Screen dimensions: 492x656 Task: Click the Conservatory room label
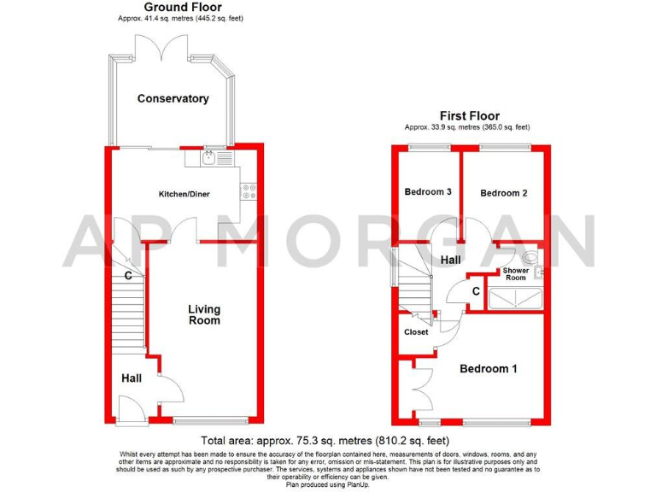click(173, 98)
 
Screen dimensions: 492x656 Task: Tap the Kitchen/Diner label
click(184, 195)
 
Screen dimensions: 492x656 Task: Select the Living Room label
click(204, 314)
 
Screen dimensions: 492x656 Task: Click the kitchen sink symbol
click(209, 158)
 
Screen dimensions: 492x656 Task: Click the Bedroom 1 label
click(488, 369)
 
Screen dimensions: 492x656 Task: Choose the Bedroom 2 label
click(503, 193)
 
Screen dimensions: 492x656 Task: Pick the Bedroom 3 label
click(427, 192)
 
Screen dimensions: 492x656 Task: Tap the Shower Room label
click(514, 273)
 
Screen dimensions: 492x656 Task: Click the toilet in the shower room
click(531, 255)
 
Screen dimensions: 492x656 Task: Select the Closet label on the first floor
click(416, 332)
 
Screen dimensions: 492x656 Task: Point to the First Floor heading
click(469, 116)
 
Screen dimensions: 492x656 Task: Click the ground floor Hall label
click(131, 378)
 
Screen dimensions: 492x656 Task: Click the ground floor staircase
click(127, 316)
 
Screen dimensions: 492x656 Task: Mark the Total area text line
click(326, 442)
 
